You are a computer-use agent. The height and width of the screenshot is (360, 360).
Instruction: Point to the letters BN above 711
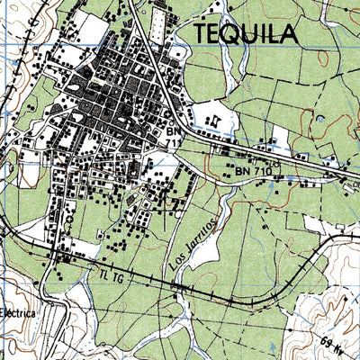174,130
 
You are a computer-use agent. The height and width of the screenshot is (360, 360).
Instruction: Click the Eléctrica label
17,314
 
